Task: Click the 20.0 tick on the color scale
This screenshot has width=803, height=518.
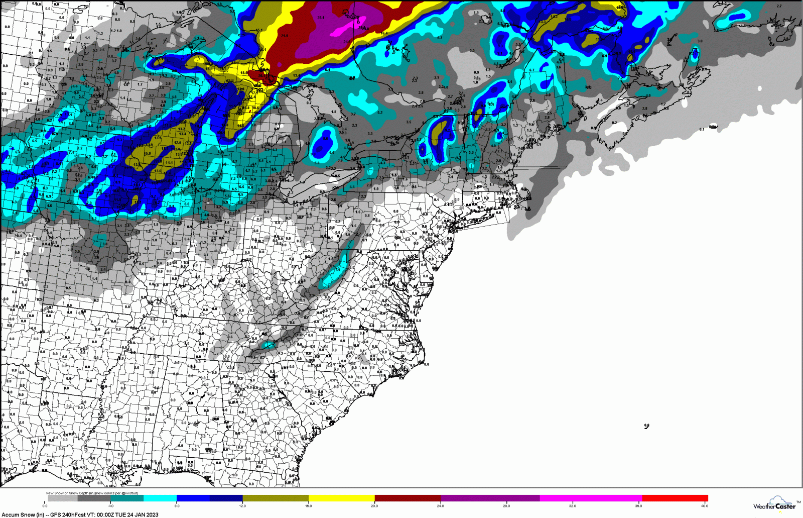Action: point(374,506)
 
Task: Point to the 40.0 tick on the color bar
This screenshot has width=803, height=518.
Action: point(704,506)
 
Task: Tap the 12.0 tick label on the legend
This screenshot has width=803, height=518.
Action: point(242,506)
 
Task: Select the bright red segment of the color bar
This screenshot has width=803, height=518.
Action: point(675,498)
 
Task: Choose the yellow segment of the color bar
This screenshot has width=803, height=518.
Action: point(341,498)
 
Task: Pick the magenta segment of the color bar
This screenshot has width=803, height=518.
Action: point(591,498)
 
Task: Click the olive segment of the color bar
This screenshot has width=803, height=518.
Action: point(276,498)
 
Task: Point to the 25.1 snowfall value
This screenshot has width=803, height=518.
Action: point(321,18)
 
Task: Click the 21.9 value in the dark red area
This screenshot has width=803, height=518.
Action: point(285,36)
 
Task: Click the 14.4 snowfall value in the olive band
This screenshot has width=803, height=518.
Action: point(169,162)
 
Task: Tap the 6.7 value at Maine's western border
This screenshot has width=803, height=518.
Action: point(532,70)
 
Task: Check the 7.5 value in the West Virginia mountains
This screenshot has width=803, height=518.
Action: point(337,269)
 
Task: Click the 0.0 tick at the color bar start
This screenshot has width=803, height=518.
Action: point(45,506)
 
